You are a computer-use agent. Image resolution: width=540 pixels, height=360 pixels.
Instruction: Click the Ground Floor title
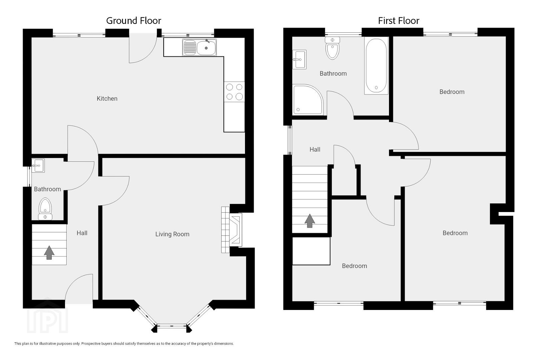(134, 21)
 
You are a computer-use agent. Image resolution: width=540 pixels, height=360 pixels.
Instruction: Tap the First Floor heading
(398, 21)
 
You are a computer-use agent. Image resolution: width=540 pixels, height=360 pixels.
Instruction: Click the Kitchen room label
(107, 98)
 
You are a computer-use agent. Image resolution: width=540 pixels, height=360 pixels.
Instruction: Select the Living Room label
(172, 234)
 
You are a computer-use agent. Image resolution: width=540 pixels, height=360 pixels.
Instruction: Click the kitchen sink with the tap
(199, 47)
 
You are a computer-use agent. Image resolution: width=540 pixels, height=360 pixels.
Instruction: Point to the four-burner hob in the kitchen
(234, 92)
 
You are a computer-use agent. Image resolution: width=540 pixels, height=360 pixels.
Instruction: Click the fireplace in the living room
(232, 230)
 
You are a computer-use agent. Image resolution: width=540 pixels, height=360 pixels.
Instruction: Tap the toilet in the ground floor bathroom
(45, 209)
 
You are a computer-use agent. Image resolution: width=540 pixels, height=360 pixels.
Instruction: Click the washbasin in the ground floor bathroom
(38, 165)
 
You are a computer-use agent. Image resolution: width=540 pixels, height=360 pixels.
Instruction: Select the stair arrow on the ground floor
(49, 252)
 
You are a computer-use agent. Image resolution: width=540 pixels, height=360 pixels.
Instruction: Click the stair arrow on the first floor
(310, 221)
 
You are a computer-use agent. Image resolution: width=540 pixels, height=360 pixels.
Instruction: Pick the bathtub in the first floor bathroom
(376, 66)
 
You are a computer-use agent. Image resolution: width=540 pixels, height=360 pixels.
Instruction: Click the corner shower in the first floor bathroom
(308, 99)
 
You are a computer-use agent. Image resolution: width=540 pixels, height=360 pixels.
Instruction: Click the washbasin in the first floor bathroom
(299, 59)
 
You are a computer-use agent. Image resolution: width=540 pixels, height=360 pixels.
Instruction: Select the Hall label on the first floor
(315, 149)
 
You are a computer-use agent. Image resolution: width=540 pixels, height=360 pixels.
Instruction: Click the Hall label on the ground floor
(82, 233)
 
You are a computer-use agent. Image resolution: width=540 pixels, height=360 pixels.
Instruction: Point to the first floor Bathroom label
(333, 74)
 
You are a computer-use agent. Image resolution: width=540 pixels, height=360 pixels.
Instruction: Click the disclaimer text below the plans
(124, 344)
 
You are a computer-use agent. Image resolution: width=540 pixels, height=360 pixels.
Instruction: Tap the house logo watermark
(47, 316)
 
